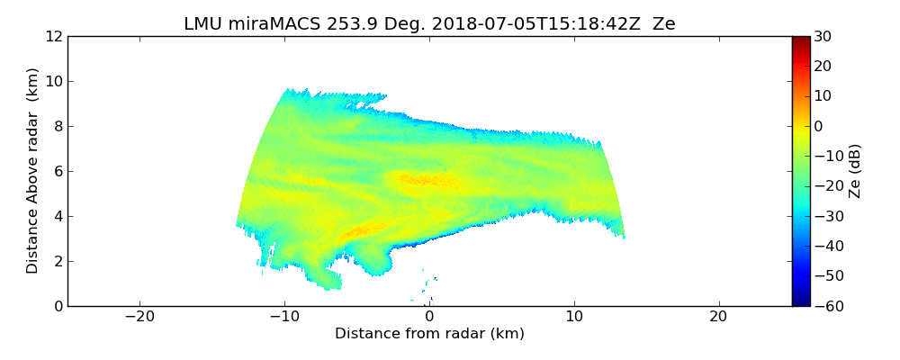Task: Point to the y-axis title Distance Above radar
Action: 33,171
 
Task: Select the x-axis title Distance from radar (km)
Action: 429,334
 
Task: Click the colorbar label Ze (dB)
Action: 855,171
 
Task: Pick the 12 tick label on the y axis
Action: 54,37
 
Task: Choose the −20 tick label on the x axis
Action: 139,317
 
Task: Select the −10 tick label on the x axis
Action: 284,317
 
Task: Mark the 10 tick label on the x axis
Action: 574,317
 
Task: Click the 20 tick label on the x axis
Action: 718,317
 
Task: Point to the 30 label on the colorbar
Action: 823,37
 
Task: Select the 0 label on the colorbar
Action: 818,126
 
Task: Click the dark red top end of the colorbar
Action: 800,40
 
